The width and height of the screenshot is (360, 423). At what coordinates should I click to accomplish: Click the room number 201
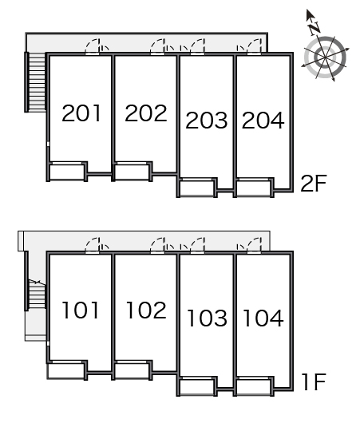pos(81,113)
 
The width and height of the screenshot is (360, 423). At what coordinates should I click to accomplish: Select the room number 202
pos(146,113)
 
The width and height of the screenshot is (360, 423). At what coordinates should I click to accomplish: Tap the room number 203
pos(207,120)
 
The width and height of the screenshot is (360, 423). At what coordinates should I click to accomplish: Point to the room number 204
pos(263,120)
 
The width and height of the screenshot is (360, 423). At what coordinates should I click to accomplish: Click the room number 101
pos(81,310)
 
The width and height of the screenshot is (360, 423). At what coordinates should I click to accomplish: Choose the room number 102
pos(146,310)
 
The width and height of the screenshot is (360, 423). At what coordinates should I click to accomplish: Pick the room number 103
pos(207,318)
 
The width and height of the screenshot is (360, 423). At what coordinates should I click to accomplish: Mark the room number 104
pos(263,318)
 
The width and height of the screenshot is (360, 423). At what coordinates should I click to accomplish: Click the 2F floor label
pos(314,184)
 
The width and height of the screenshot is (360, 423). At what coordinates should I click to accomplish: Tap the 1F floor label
pos(315,382)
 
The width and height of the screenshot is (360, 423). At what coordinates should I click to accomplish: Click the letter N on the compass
pos(315,28)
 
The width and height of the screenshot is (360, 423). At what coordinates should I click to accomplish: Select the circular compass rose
pos(325,57)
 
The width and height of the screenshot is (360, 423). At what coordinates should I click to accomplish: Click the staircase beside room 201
pos(35,81)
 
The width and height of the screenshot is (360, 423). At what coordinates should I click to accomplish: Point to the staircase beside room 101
pos(35,295)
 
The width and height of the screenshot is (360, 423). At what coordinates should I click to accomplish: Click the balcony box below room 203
pos(197,188)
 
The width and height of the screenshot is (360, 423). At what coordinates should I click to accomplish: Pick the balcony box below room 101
pos(65,371)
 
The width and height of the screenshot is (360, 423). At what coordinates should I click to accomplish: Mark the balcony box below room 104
pos(254,387)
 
